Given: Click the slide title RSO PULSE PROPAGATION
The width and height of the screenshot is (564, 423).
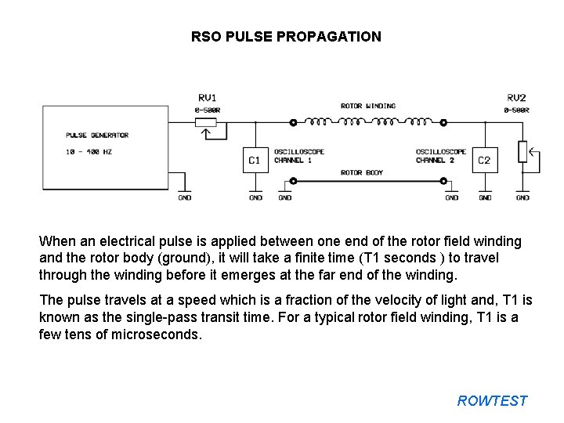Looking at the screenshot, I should point(286,36).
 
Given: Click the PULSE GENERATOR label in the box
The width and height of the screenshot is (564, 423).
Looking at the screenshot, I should point(97,135).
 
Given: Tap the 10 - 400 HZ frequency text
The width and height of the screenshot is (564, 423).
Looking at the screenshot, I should point(89,152).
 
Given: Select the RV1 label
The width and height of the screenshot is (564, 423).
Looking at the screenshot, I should point(207,98).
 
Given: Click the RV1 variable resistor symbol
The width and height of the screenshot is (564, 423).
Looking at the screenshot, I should point(207,122).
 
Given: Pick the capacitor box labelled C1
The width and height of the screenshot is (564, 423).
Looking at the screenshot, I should point(255,160).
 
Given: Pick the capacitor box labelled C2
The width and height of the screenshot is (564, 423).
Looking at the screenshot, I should point(484,160).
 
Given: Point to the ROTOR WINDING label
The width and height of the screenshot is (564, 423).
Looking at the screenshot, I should point(368,106).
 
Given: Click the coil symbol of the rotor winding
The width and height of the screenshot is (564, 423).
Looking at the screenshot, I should point(368,121).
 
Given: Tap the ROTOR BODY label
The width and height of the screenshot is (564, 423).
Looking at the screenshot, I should point(362,172).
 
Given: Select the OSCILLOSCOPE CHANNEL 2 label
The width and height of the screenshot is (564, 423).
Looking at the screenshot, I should point(440,156).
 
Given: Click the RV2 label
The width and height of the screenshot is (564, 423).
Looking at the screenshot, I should point(516,98).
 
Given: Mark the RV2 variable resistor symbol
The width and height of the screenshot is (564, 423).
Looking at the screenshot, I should point(522,153).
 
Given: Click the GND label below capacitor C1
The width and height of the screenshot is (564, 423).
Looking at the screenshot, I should point(255,198).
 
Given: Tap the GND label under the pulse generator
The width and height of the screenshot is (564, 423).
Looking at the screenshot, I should point(184,198).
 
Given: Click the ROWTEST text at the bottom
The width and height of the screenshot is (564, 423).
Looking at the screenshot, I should point(492,401).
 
